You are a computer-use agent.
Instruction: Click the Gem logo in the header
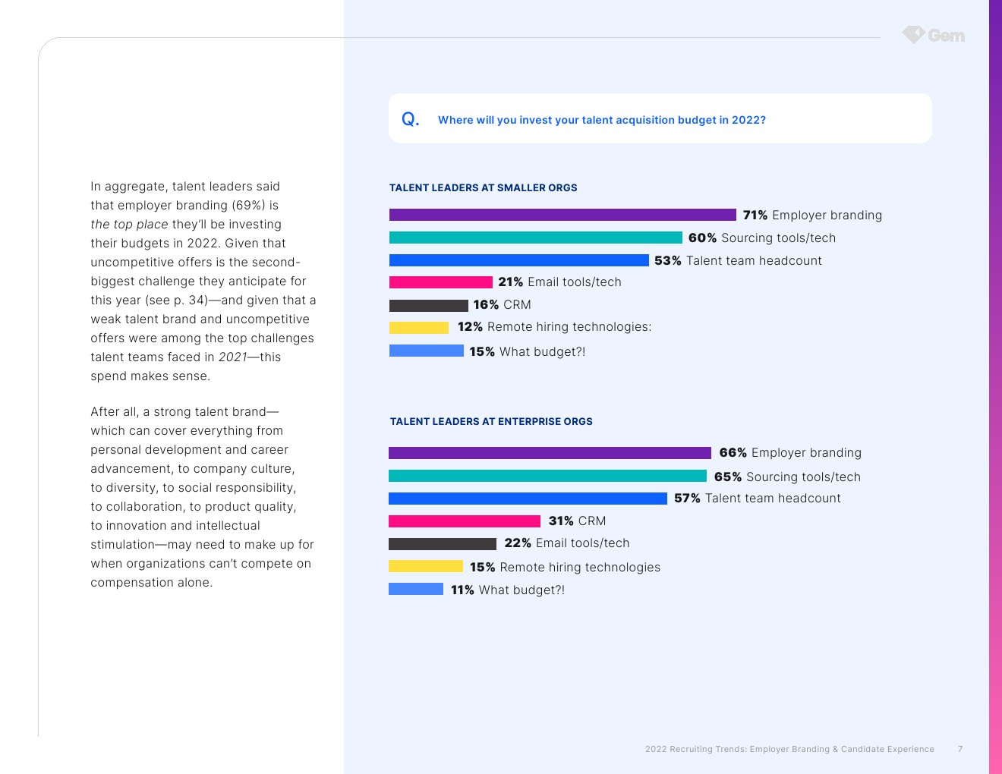(x=934, y=35)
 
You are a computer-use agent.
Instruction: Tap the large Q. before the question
(x=410, y=119)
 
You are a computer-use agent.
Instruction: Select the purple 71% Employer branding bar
(x=562, y=215)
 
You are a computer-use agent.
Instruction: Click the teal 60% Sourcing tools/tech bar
(x=535, y=238)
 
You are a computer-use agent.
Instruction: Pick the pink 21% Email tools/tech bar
(x=440, y=282)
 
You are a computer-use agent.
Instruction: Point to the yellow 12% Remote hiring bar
(x=418, y=328)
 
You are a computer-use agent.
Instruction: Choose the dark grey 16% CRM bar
(x=428, y=305)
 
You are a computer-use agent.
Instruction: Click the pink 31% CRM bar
(x=464, y=521)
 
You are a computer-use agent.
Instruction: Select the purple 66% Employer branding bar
(x=550, y=453)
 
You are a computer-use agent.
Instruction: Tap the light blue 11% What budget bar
(x=415, y=589)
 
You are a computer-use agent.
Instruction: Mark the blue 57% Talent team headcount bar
(x=528, y=499)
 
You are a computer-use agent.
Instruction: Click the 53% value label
(x=668, y=260)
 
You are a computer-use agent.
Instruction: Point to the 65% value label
(x=727, y=477)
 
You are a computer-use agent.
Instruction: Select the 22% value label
(x=518, y=543)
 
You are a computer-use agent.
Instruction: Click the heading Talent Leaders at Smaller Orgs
(x=483, y=187)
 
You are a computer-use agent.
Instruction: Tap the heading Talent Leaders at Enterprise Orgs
(x=491, y=421)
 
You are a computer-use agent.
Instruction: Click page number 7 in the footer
(x=960, y=749)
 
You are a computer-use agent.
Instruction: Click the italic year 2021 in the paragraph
(x=232, y=357)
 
